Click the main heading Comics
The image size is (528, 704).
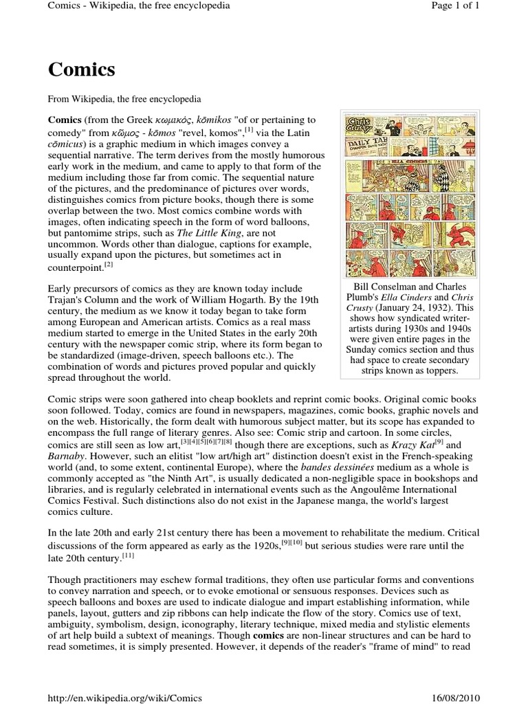coord(81,69)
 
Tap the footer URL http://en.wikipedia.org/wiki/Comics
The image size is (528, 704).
coord(124,697)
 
